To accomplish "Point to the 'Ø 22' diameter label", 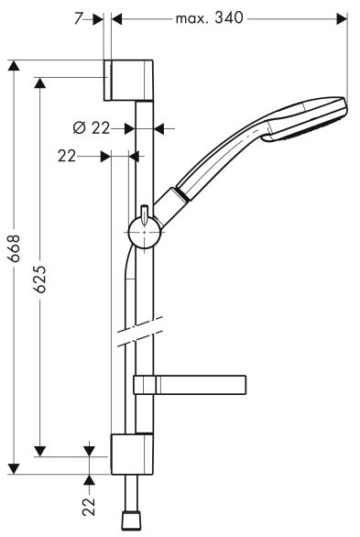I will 92,128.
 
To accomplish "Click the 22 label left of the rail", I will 66,157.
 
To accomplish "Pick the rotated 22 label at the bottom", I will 89,506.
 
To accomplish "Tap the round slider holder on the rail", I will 145,235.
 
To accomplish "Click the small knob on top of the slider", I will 145,211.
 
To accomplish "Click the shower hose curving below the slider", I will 125,275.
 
